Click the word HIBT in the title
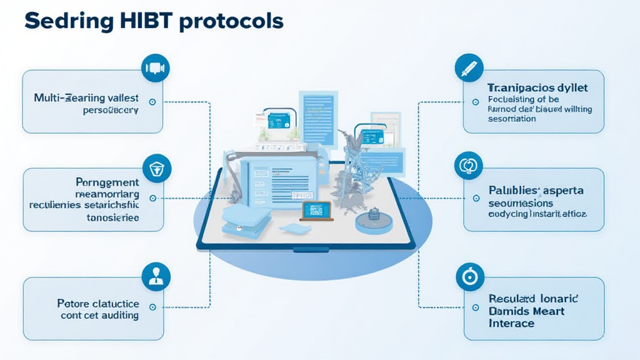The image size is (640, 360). coord(144,21)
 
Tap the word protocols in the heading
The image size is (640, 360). coord(231,21)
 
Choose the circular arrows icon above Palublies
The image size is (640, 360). coord(469,166)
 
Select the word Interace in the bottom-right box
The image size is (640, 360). coord(511,323)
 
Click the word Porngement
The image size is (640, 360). coord(107,182)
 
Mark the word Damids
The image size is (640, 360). coord(509,311)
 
